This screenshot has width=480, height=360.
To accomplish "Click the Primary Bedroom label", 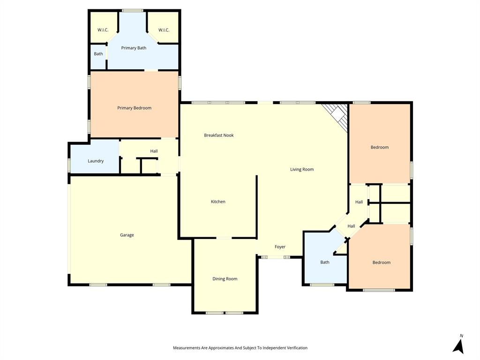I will (x=134, y=108).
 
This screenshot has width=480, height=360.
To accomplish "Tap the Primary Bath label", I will (x=134, y=48).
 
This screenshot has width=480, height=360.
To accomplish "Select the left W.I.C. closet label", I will (x=103, y=30).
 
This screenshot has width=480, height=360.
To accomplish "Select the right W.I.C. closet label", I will (x=164, y=30).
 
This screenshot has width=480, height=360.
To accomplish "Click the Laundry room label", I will (x=96, y=161).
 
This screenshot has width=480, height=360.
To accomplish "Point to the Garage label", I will (x=127, y=235).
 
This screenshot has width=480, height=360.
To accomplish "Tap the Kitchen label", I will (x=218, y=202).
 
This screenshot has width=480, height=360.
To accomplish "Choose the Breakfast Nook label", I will (x=218, y=135).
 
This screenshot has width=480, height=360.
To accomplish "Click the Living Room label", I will (x=302, y=169).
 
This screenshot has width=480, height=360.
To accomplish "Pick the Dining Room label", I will (x=225, y=278).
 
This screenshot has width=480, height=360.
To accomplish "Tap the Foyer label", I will (x=280, y=247).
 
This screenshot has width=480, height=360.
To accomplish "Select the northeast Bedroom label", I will (x=379, y=147).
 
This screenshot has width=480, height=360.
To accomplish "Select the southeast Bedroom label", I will (x=381, y=262).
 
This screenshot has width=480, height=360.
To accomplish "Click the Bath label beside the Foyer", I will (x=324, y=262).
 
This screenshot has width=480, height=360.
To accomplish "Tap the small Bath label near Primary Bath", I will (x=98, y=53).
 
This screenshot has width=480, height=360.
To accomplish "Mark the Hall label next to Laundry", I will (x=154, y=151).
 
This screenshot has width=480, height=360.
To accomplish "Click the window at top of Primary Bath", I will (x=133, y=10).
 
